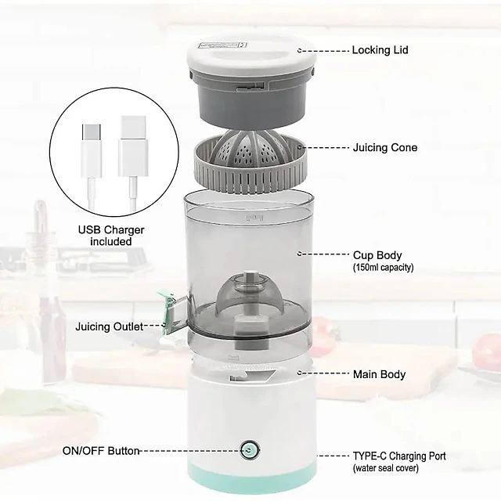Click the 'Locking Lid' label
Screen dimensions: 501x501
(x=380, y=50)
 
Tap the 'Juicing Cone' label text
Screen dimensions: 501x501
(x=385, y=148)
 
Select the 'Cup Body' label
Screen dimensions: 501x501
(x=377, y=255)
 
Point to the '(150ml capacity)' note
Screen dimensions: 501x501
(x=383, y=267)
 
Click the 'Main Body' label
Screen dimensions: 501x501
(x=379, y=374)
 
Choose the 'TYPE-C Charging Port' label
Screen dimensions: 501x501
(x=399, y=456)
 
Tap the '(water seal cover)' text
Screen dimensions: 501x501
(x=386, y=468)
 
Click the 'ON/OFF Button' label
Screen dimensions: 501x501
(x=101, y=451)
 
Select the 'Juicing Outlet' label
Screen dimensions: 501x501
(x=110, y=326)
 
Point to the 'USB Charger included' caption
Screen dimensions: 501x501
(x=111, y=236)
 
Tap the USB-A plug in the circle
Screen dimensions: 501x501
(x=133, y=146)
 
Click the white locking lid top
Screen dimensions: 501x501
(x=251, y=55)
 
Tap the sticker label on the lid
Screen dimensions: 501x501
(x=222, y=45)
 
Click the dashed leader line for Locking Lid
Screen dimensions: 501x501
(x=323, y=51)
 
